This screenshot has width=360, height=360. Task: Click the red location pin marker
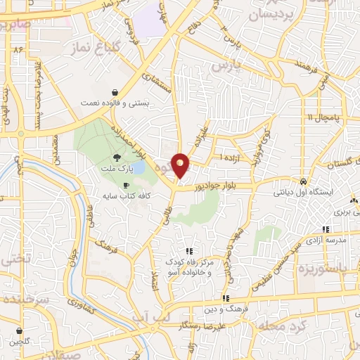181,165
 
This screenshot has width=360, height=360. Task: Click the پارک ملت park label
116,170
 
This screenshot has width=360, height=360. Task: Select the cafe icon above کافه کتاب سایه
127,186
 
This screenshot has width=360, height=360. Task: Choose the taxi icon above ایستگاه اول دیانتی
302,180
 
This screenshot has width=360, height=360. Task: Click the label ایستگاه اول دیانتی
310,191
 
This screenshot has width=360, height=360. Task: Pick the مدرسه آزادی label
324,240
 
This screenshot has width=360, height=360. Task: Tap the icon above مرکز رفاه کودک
188,251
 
